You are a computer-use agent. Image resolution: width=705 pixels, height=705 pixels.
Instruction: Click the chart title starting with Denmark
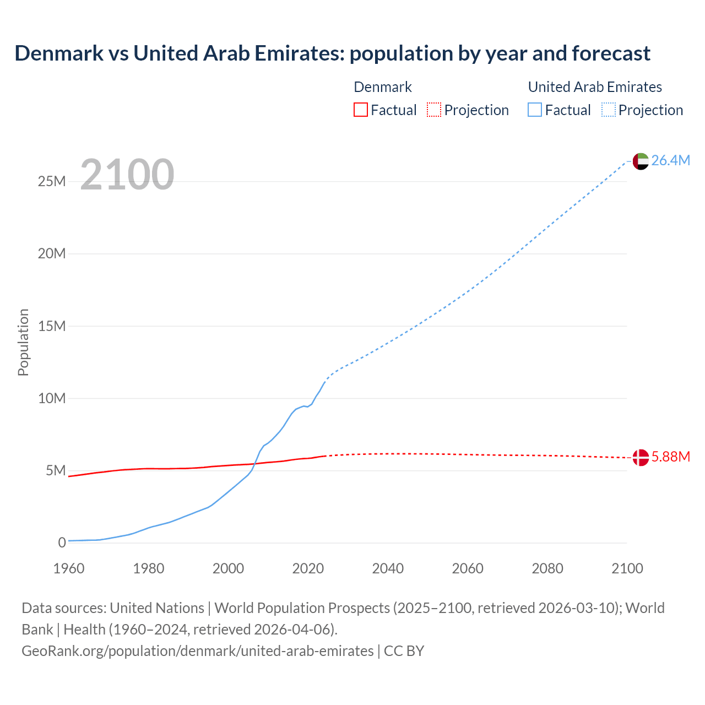pos(332,53)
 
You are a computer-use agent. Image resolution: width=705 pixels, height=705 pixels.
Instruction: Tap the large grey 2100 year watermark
pos(127,175)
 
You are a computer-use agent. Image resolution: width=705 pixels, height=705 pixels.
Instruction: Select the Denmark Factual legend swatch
pos(360,110)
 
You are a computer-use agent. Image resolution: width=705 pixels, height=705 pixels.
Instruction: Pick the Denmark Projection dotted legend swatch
pos(434,110)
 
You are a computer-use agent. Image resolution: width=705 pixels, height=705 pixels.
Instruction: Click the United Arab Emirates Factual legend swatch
pos(535,110)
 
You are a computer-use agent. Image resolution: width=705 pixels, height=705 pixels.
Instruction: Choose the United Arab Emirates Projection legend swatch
pos(608,110)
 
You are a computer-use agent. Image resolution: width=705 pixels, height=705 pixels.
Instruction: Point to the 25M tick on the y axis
pos(52,181)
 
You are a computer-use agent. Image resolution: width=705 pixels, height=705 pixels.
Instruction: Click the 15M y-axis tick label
pos(52,326)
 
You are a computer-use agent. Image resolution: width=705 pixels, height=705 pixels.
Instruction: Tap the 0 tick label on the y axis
pos(62,543)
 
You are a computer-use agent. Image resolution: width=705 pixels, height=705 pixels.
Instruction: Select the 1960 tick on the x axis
pos(69,568)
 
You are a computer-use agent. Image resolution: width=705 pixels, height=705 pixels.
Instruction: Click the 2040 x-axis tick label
pos(388,568)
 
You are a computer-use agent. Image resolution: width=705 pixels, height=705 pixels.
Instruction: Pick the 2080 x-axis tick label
pos(547,568)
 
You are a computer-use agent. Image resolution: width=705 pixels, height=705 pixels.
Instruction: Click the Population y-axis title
pos(23,342)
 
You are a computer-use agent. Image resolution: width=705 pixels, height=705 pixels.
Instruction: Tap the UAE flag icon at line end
pos(641,161)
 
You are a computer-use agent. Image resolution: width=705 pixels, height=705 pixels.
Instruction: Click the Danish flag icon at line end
pos(641,457)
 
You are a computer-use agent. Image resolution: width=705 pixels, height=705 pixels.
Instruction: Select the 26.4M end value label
pos(670,160)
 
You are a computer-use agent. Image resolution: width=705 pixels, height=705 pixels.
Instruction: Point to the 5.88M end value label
pos(670,457)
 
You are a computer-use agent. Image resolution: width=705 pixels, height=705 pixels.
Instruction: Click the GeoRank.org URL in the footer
pos(197,651)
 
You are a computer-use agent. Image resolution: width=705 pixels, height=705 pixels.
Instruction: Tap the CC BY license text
pos(404,651)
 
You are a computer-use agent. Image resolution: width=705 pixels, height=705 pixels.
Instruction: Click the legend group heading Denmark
pos(382,87)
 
